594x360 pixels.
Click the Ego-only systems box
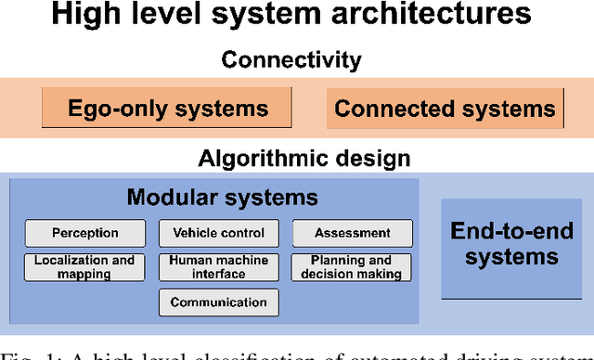tap(168, 109)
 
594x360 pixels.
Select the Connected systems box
tap(445, 109)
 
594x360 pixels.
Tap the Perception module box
tap(85, 233)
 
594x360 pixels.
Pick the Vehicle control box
tap(219, 233)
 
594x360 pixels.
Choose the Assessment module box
tap(353, 233)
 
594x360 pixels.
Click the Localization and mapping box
tap(85, 267)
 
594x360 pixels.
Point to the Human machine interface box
tap(219, 267)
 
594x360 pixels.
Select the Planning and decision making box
tap(353, 267)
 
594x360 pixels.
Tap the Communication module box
tap(219, 302)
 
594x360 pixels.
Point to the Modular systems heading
tap(222, 197)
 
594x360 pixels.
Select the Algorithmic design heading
tap(303, 157)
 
